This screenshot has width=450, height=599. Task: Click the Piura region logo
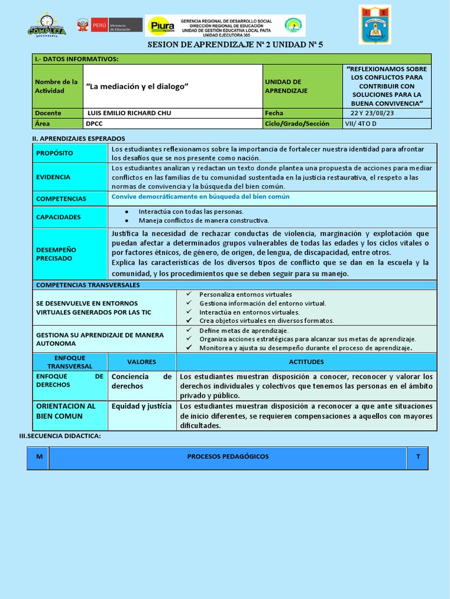pyautogui.click(x=161, y=26)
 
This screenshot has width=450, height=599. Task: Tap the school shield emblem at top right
pyautogui.click(x=374, y=25)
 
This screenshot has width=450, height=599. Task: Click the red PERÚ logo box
pyautogui.click(x=99, y=25)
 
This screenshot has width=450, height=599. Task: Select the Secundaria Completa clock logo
pyautogui.click(x=47, y=25)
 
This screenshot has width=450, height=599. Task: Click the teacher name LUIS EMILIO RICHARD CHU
pyautogui.click(x=129, y=113)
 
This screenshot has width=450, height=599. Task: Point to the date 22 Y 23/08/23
pyautogui.click(x=372, y=113)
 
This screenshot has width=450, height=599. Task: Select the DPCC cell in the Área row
pyautogui.click(x=94, y=123)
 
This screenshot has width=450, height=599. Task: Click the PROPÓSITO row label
pyautogui.click(x=55, y=153)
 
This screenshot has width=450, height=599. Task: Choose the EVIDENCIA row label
pyautogui.click(x=53, y=177)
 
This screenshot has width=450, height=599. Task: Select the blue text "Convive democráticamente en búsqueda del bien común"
pyautogui.click(x=200, y=197)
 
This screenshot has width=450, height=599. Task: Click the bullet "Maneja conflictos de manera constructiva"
pyautogui.click(x=204, y=221)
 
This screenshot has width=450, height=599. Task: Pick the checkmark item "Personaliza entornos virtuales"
pyautogui.click(x=246, y=294)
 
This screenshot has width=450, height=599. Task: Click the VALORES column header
pyautogui.click(x=141, y=362)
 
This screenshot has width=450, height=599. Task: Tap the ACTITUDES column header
pyautogui.click(x=306, y=362)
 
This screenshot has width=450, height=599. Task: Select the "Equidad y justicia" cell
pyautogui.click(x=141, y=406)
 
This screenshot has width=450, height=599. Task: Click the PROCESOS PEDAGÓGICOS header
pyautogui.click(x=228, y=456)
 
